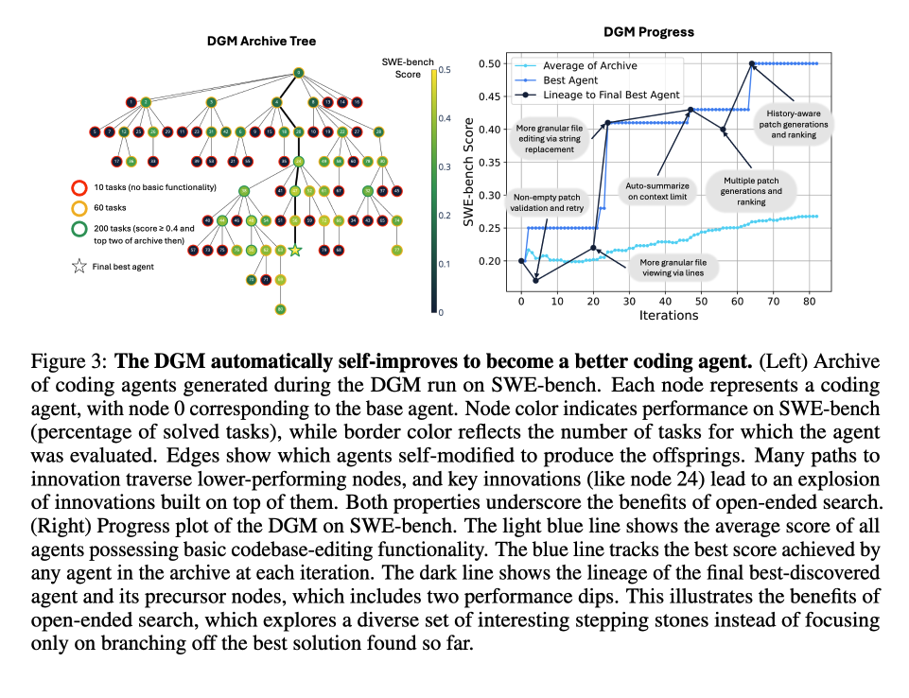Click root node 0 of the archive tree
point(298,73)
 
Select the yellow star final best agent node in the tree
point(295,251)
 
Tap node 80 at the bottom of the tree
point(280,308)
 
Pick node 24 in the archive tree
point(299,162)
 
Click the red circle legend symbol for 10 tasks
point(80,187)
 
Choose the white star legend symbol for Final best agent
point(79,267)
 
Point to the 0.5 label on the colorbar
point(446,70)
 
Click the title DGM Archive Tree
point(261,42)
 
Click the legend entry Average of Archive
point(588,66)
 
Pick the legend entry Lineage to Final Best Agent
point(611,95)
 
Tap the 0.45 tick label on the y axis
point(489,96)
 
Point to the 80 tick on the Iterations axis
point(809,301)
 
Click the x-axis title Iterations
point(668,316)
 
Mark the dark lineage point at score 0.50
point(752,64)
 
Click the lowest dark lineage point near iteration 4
point(535,280)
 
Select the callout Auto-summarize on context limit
point(657,191)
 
